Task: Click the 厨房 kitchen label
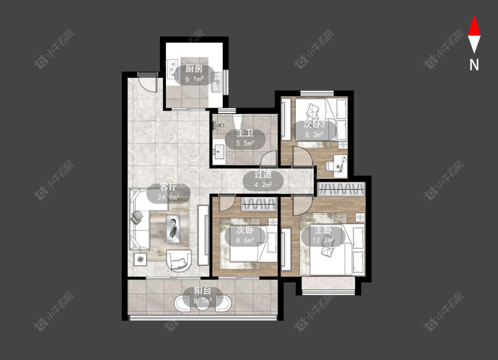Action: pos(194,69)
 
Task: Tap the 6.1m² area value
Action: pos(194,79)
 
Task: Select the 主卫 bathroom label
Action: pos(245,133)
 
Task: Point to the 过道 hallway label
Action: pos(263,174)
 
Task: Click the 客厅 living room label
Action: pos(168,187)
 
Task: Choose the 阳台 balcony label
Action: pos(203,290)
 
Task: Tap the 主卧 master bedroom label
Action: pos(323,230)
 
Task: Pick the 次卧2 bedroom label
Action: pos(314,124)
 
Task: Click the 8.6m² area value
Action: pos(245,240)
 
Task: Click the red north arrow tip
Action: pos(474,15)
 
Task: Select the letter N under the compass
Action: pos(474,65)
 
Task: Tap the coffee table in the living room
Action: pos(173,229)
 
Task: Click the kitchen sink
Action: pos(216,82)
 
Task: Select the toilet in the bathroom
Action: pos(238,121)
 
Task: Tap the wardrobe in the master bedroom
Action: pos(341,190)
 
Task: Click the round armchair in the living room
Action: pos(179,260)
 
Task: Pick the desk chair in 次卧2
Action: pos(330,166)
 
